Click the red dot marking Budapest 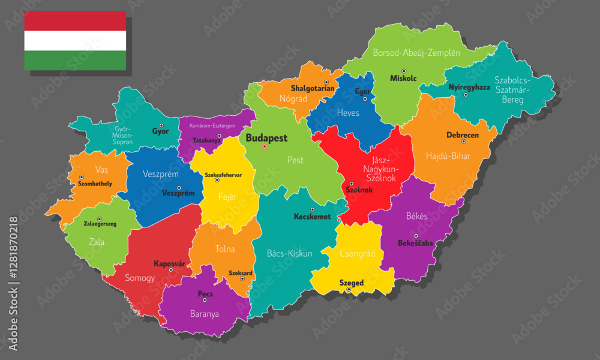click(264, 146)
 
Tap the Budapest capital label click(266, 137)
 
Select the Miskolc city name click(403, 79)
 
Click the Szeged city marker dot click(349, 290)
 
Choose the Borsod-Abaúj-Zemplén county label click(416, 53)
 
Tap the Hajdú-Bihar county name click(448, 156)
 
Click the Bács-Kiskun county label click(289, 253)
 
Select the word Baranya click(204, 314)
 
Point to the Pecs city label click(205, 294)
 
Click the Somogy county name click(140, 278)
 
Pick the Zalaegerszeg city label click(100, 223)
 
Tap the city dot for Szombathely click(81, 177)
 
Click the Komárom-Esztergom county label click(212, 126)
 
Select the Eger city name click(363, 92)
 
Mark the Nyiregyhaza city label click(469, 87)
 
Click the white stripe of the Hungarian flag click(75, 41)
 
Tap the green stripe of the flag click(75, 60)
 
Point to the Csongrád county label click(357, 253)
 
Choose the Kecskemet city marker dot click(312, 209)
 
